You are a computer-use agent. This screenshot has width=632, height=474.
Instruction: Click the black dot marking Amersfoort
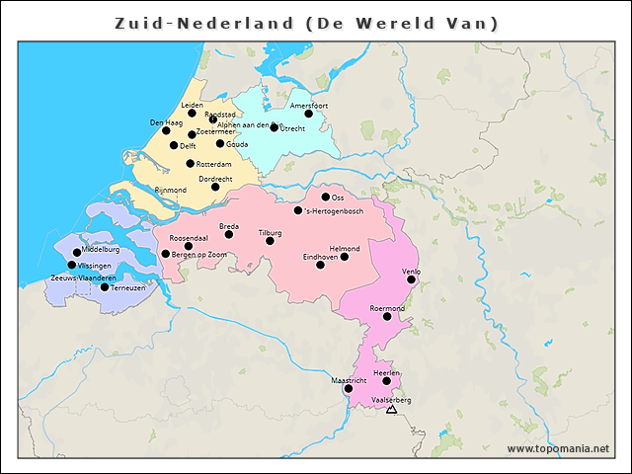coord(308,114)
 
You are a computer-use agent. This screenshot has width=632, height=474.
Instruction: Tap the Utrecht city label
coord(292,128)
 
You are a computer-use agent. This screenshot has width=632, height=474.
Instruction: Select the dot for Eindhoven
coord(320,265)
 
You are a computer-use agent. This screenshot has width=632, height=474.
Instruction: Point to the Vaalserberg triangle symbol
coord(392,409)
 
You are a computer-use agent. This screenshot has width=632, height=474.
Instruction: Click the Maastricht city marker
coord(348,389)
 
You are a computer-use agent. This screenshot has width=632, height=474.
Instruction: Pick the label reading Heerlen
coord(386,372)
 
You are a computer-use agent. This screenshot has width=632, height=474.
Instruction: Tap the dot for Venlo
coord(411,279)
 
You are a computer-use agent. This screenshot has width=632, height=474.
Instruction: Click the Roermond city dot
coord(387,317)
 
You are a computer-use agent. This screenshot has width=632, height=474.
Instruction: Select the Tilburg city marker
coord(270,241)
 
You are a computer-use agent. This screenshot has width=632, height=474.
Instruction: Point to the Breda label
coord(229,226)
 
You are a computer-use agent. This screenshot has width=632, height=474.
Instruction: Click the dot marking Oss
coord(325,197)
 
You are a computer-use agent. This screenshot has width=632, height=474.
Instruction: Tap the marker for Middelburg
coord(77,253)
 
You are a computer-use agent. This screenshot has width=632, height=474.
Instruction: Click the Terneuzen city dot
coord(105,287)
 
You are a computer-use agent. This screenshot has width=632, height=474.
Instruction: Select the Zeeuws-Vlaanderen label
coord(84,277)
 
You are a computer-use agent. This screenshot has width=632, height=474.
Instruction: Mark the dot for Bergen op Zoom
coord(166,254)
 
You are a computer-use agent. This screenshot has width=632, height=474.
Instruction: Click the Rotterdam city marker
coord(191,164)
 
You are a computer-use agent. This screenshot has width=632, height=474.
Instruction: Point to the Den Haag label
coord(166,122)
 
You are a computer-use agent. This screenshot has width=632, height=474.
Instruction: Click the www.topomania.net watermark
coord(558,448)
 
